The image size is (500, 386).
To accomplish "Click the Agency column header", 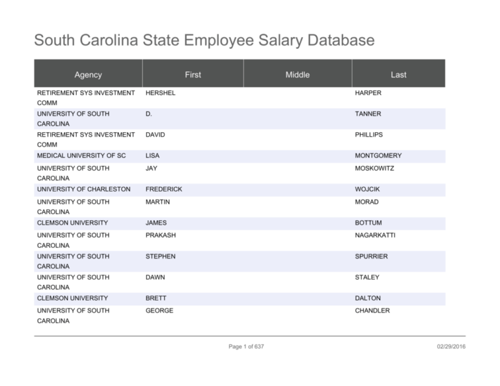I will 88,75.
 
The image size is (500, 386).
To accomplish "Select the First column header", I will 193,75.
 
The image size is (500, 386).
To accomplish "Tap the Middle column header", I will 298,75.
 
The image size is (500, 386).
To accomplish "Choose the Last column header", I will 398,75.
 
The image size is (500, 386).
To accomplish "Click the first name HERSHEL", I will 160,93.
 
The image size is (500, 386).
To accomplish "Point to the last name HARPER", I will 368,93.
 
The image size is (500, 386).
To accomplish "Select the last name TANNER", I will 368,114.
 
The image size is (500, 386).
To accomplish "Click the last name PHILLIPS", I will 368,135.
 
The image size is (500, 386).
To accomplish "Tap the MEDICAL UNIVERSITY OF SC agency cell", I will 81,156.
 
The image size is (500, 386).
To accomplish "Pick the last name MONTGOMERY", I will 378,156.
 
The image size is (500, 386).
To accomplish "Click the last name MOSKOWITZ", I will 374,169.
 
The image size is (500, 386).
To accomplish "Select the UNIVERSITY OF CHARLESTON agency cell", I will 83,189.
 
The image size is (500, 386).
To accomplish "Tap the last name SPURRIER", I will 371,256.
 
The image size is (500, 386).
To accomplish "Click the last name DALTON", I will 368,298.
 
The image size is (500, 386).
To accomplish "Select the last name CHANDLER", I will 372,311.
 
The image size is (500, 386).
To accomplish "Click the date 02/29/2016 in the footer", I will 451,346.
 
